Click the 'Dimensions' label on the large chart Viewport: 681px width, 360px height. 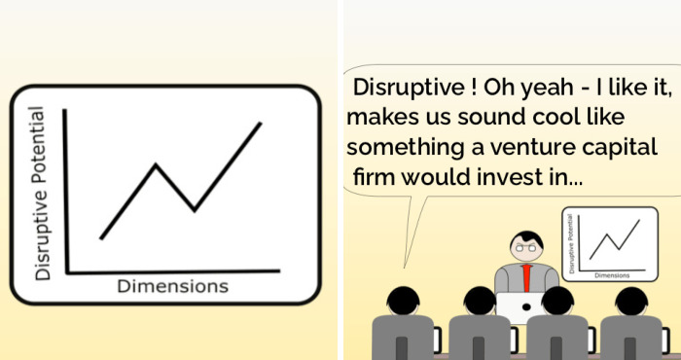click(x=172, y=286)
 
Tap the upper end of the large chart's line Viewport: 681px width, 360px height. click(x=261, y=123)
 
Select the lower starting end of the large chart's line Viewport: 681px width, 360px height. click(x=101, y=238)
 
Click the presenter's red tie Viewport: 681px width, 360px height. click(x=526, y=276)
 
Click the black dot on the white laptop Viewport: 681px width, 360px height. click(x=525, y=308)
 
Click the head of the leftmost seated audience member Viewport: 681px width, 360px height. click(x=402, y=302)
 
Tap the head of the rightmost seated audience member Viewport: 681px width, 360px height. click(x=633, y=302)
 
